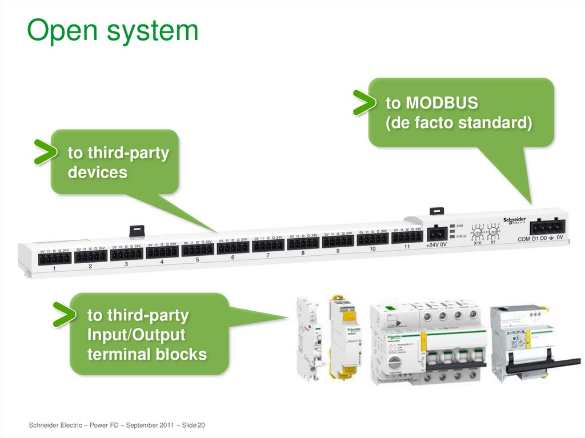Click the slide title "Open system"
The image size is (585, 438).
(113, 31)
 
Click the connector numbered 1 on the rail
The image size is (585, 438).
(55, 258)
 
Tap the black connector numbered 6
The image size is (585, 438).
(233, 247)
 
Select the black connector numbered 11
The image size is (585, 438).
(407, 237)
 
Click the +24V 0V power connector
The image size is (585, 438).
(437, 233)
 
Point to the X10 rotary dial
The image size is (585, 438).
(478, 233)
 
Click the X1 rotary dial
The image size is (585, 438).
(492, 232)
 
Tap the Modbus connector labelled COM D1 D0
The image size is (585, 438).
(547, 227)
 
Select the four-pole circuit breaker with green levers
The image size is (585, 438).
(428, 343)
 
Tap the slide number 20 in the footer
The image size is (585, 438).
(201, 425)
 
